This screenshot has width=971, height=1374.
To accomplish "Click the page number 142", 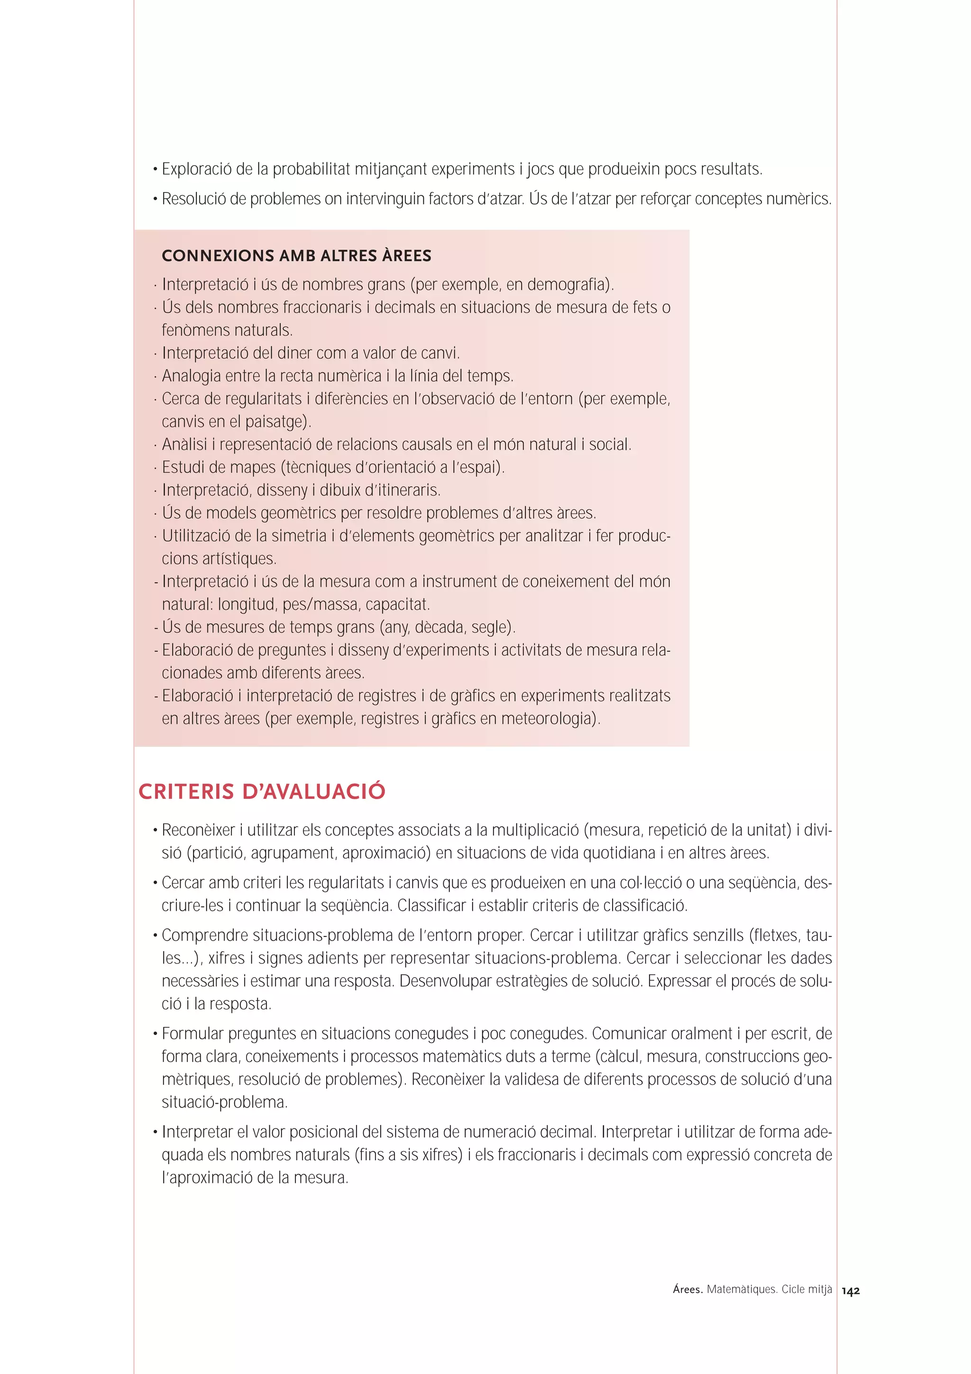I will click(x=850, y=1292).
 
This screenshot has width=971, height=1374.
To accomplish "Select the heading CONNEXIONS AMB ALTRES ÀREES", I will click(x=296, y=256).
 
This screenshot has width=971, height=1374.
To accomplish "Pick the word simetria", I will click(x=292, y=536).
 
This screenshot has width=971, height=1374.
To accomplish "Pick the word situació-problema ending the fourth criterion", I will click(x=224, y=1102).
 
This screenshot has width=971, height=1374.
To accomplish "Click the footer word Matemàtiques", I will click(x=741, y=1290).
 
